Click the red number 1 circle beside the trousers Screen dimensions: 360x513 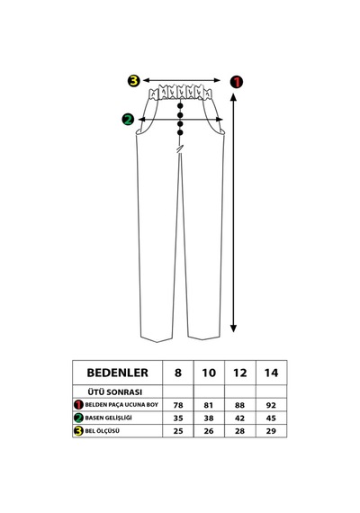[x=237, y=82]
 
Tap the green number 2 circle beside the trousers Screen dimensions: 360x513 [x=128, y=120]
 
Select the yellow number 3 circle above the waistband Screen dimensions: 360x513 [x=133, y=80]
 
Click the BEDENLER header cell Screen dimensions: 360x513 [x=118, y=373]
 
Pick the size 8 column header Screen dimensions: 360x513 [x=178, y=373]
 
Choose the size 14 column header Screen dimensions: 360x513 [x=271, y=373]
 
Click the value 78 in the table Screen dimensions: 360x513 [x=178, y=405]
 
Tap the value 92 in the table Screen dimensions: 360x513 [x=271, y=405]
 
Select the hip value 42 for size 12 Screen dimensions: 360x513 [x=239, y=418]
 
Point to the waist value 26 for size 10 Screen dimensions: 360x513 [x=209, y=431]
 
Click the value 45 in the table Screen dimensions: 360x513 [x=271, y=418]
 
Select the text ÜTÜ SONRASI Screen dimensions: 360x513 [x=115, y=391]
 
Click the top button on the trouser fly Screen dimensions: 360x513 [x=180, y=106]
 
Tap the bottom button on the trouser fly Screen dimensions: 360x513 [x=180, y=132]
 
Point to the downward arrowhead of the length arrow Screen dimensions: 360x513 [x=233, y=328]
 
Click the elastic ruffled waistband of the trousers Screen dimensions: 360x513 [x=180, y=92]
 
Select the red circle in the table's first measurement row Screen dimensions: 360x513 [x=78, y=405]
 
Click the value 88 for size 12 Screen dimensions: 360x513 [x=239, y=405]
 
